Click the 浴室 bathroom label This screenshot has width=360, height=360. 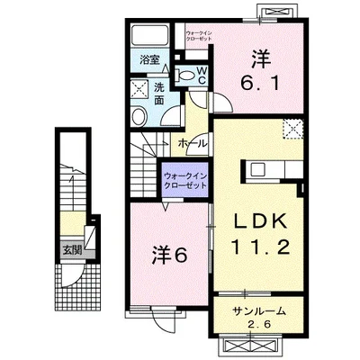pyautogui.click(x=149, y=60)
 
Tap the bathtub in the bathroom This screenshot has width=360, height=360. pyautogui.click(x=150, y=35)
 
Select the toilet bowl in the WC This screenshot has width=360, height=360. pyautogui.click(x=186, y=75)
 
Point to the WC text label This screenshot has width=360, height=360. pyautogui.click(x=202, y=76)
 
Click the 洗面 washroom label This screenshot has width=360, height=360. pyautogui.click(x=158, y=94)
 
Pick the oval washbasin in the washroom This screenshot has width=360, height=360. pyautogui.click(x=139, y=117)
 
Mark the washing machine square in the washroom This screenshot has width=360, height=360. pyautogui.click(x=139, y=89)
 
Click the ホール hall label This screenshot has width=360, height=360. pyautogui.click(x=192, y=144)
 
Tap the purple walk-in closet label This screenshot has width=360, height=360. pyautogui.click(x=184, y=181)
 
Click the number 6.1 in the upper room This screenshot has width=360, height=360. pyautogui.click(x=260, y=83)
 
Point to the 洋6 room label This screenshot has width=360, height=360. pyautogui.click(x=169, y=256)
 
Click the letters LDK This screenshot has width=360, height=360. pyautogui.click(x=260, y=222)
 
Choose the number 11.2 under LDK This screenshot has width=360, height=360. pyautogui.click(x=259, y=247)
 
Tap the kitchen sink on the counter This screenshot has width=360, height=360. pyautogui.click(x=258, y=170)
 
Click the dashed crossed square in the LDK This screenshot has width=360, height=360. pyautogui.click(x=293, y=129)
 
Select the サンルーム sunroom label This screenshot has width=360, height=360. pyautogui.click(x=258, y=311)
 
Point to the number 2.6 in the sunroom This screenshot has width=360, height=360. pyautogui.click(x=259, y=325)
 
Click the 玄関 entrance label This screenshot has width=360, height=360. pyautogui.click(x=72, y=249)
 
